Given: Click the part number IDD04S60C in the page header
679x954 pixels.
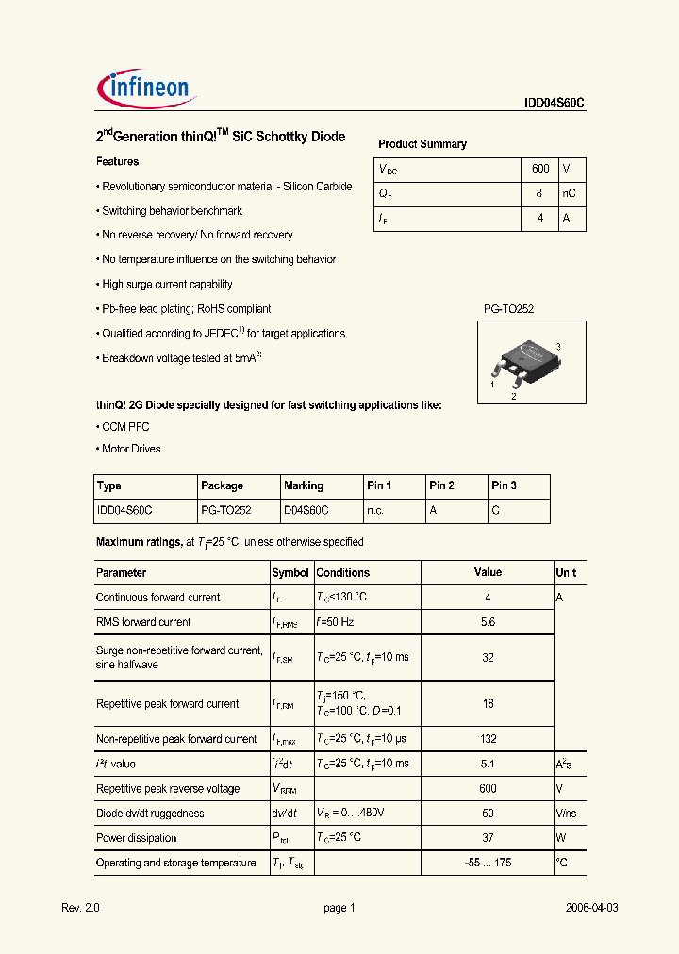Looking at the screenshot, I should tap(555, 105).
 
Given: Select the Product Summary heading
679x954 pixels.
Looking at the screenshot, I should tap(422, 144).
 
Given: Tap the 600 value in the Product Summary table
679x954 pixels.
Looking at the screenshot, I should tap(540, 169).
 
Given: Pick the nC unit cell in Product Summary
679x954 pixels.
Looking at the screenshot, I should tap(569, 193).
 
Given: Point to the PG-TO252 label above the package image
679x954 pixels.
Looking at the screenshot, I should tap(509, 309).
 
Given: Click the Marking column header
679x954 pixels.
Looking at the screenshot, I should tap(303, 486).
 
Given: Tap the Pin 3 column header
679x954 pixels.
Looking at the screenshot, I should tap(504, 486).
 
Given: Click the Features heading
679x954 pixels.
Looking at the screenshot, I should tap(117, 162).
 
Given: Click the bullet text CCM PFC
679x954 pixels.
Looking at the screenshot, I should tap(124, 427).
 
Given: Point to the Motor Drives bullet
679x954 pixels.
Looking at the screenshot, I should tap(130, 450).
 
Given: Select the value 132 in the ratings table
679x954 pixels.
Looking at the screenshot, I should tap(488, 740).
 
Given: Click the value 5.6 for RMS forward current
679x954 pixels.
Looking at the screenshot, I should tap(488, 622).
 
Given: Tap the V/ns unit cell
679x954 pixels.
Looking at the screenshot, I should tap(566, 814).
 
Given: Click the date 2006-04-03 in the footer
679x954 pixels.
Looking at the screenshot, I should tap(591, 908).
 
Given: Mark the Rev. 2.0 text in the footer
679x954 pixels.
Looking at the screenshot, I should tap(80, 908).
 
